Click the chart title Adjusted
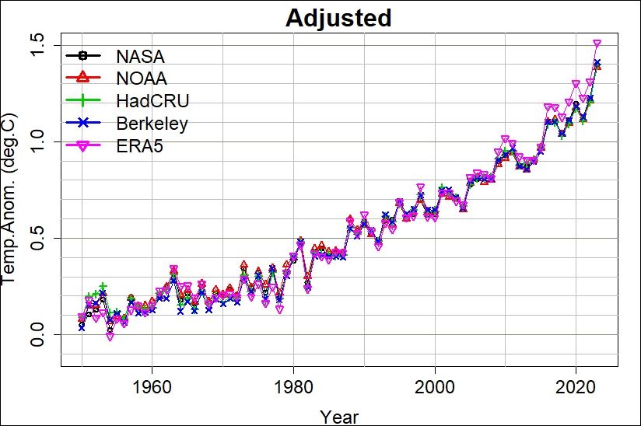coord(338,18)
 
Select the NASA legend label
coord(141,57)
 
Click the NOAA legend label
coord(142,79)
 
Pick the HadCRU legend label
coord(152,101)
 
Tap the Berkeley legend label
coord(152,123)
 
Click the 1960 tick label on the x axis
coord(152,387)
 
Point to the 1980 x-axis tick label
coord(293,387)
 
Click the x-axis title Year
coord(339,416)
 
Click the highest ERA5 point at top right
coord(597,44)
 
